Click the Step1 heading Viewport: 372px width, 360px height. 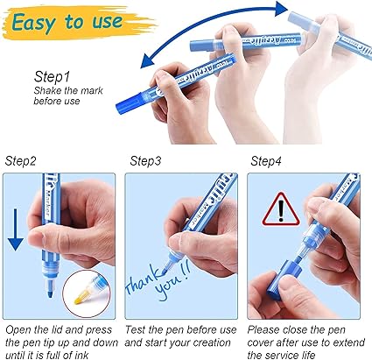52,77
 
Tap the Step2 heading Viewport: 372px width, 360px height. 20,161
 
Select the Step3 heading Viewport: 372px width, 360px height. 145,161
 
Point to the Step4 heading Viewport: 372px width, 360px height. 266,161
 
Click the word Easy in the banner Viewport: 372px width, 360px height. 33,23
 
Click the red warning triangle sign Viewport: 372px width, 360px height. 281,209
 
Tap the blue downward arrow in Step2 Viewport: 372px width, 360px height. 16,229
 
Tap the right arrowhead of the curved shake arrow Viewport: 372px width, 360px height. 281,9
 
